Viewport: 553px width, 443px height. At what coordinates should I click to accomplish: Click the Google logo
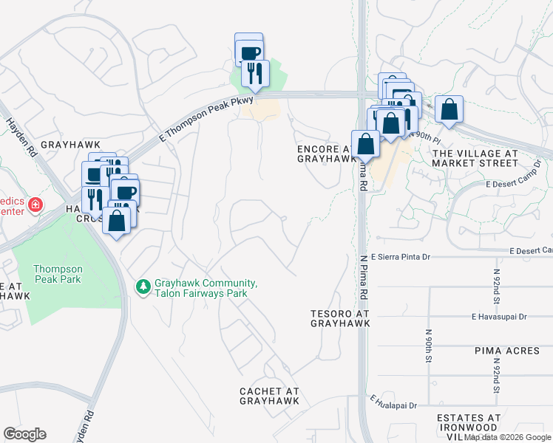coord(24,434)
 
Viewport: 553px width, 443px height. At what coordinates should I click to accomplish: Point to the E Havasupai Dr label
coord(499,317)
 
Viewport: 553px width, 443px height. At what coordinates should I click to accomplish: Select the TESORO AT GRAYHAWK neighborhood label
coord(339,318)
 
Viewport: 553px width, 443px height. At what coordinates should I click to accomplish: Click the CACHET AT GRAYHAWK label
coord(269,396)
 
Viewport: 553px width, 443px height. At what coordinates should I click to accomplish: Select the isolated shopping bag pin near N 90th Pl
coord(449,110)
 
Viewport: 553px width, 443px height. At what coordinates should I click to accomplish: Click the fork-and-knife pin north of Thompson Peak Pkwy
coord(255,74)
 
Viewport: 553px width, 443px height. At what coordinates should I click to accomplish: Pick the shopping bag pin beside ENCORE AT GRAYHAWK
coord(365,144)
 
